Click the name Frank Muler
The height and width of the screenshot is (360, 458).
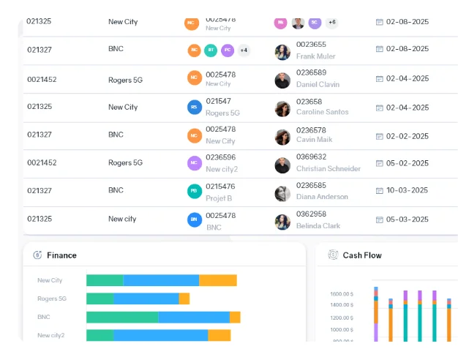[316, 56]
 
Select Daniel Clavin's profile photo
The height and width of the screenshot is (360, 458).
[282, 80]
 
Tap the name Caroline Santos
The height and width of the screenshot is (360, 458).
[322, 112]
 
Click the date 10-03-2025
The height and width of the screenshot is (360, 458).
[408, 190]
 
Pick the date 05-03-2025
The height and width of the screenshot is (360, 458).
[408, 219]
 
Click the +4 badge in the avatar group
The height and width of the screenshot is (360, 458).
[244, 50]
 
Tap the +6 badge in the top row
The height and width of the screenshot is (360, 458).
[331, 23]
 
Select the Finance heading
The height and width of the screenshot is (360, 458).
[61, 255]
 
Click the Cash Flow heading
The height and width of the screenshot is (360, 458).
[362, 255]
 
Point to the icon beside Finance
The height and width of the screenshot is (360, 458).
[37, 255]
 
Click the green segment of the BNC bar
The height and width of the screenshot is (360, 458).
[122, 318]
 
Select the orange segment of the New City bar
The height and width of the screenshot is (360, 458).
[218, 280]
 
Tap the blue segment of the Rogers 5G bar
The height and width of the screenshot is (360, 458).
[146, 299]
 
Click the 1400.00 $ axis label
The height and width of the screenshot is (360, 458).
[342, 304]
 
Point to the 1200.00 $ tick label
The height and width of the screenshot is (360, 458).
[342, 318]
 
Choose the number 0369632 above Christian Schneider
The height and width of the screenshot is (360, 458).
[312, 157]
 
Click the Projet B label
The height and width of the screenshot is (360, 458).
[219, 198]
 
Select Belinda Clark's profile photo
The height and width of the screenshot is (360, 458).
[282, 222]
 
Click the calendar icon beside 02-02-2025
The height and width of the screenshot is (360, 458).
[380, 135]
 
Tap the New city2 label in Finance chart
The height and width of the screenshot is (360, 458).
[51, 336]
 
